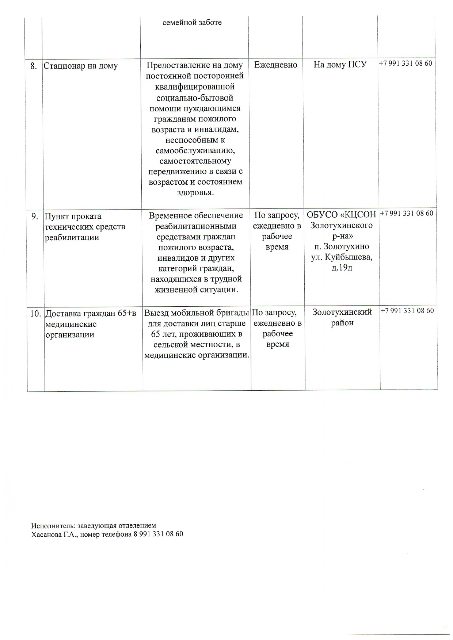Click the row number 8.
pos(34,66)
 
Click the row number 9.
pos(34,216)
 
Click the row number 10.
pos(35,313)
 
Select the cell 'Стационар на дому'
pos(81,66)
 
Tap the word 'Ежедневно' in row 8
pos(276,65)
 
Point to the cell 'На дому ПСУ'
pos(340,65)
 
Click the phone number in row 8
pos(406,63)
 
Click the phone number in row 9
pos(407,213)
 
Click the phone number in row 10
pos(407,311)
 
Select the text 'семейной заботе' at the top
pos(192,22)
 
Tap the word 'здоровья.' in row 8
pos(195,192)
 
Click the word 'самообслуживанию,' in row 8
pos(195,150)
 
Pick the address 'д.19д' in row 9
pos(342,268)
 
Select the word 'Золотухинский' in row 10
pos(342,312)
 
